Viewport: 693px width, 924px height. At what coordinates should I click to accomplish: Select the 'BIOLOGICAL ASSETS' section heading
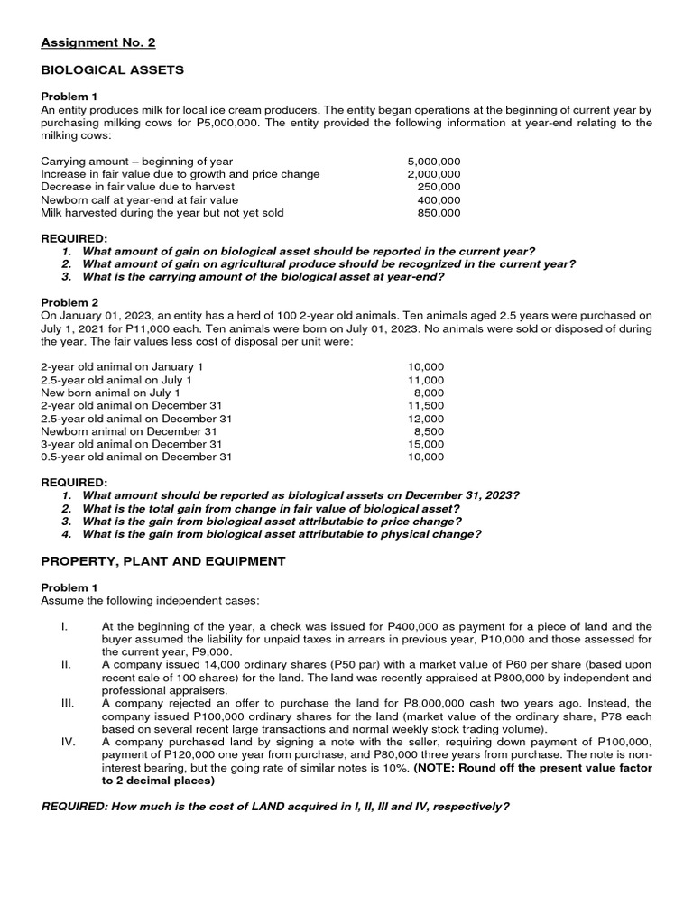pos(113,69)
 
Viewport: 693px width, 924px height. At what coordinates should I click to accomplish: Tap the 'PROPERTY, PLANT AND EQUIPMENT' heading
pos(163,561)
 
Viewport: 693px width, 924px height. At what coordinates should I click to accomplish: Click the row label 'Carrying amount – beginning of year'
pos(137,162)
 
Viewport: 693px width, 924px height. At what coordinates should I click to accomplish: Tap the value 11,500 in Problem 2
pos(426,406)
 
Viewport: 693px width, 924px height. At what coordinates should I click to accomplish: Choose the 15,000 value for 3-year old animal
pos(426,444)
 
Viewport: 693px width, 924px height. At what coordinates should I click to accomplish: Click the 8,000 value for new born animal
pos(429,393)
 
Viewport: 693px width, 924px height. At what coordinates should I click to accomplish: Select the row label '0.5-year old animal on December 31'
pos(136,457)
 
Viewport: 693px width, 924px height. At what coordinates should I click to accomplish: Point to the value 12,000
pos(426,419)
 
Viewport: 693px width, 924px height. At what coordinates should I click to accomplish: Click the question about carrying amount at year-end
pos(263,277)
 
